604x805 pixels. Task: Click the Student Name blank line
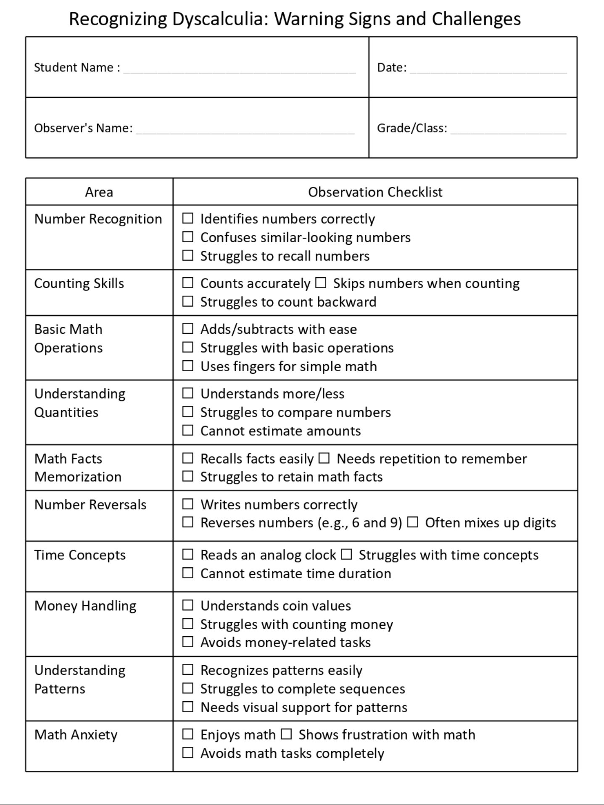coord(240,71)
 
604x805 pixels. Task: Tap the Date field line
coord(488,71)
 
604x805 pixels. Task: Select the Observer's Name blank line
coord(245,132)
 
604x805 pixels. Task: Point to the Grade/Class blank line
coord(508,132)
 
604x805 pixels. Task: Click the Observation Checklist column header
coord(375,192)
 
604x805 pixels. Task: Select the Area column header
coord(99,192)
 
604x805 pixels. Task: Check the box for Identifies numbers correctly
coord(188,218)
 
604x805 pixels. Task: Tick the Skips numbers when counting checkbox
coord(321,283)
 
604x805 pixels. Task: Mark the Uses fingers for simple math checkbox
coord(188,366)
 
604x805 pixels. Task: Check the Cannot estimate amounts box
coord(188,430)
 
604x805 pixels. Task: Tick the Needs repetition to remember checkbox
coord(324,458)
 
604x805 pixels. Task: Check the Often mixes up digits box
coord(413,522)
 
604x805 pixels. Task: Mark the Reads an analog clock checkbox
coord(188,555)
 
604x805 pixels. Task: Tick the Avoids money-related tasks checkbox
coord(188,642)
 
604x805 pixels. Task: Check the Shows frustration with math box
coord(286,734)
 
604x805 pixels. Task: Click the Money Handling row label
coord(85,606)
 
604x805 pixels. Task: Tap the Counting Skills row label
coord(79,283)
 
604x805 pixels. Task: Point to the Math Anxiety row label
coord(76,734)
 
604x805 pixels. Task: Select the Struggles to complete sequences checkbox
coord(188,688)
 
